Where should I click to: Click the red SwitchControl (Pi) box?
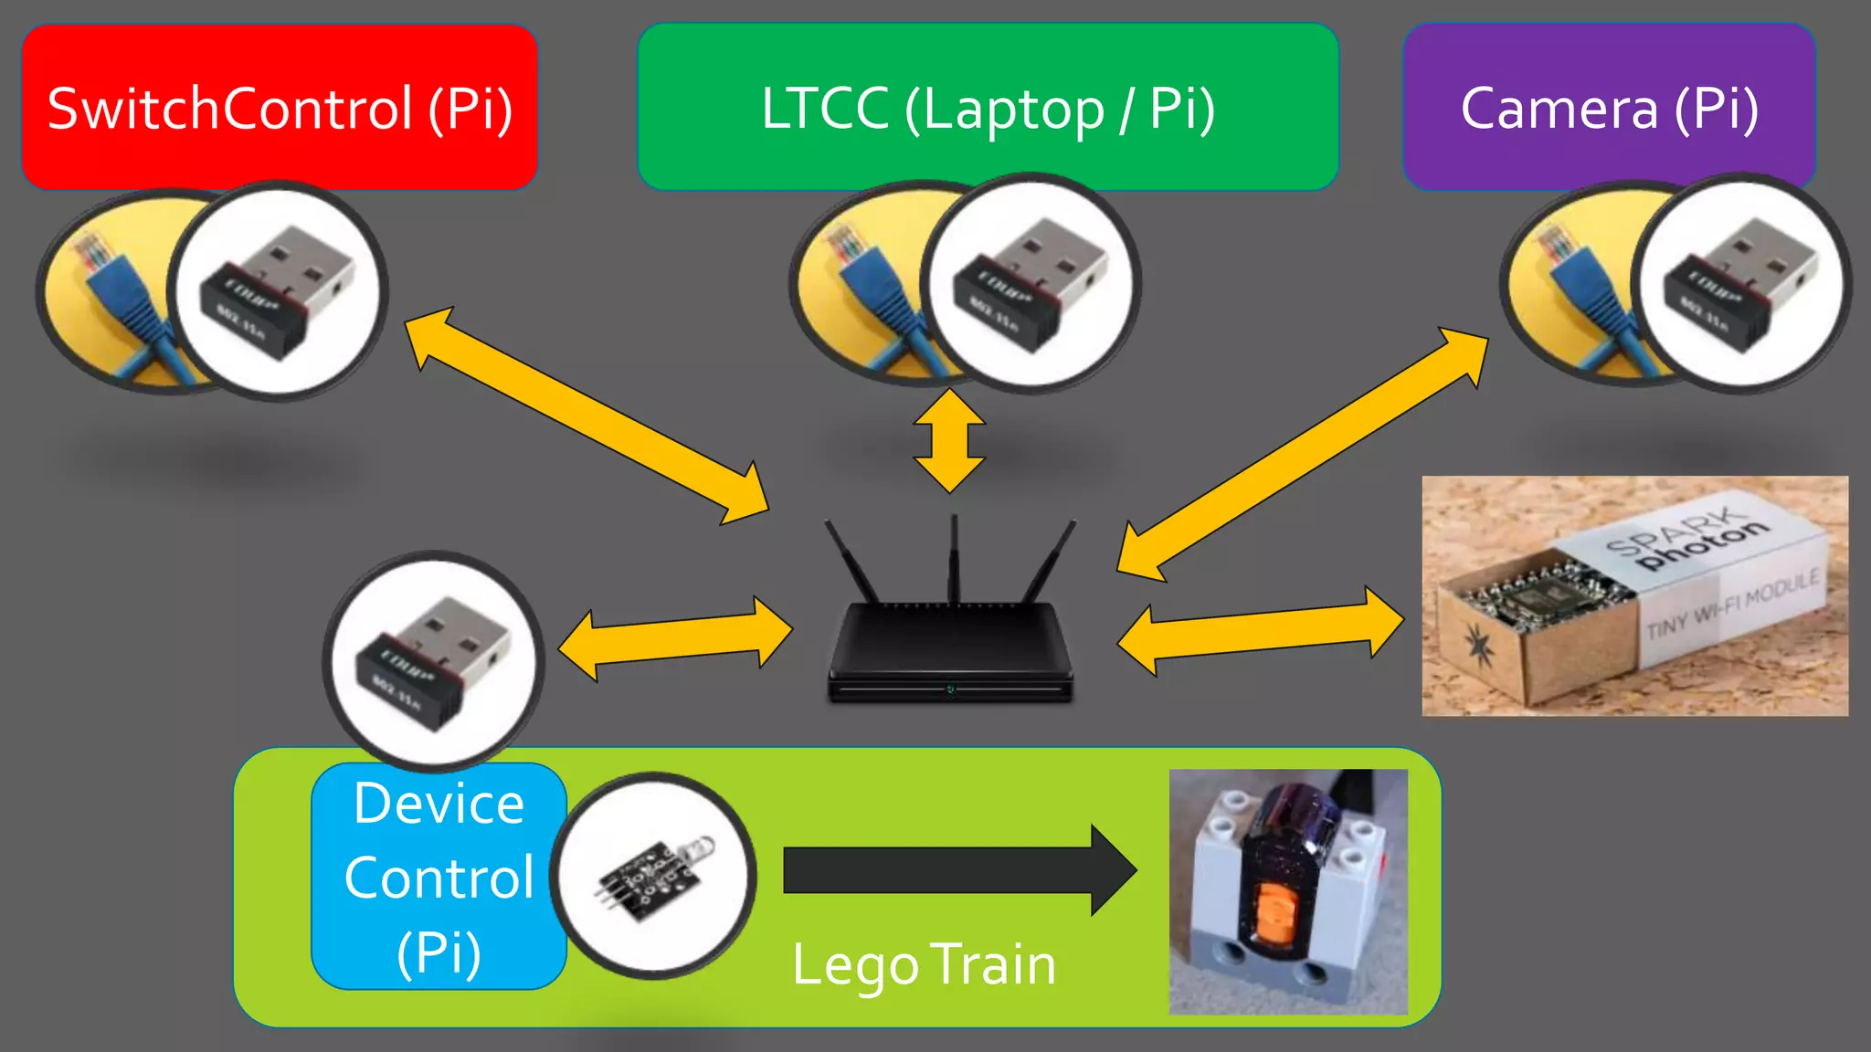point(280,107)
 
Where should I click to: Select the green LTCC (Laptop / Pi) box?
point(988,107)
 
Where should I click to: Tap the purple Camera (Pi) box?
point(1609,107)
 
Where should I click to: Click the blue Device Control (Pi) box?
point(439,877)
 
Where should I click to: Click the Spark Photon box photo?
point(1634,595)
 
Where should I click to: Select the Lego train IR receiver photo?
point(1288,891)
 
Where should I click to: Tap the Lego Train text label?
point(924,964)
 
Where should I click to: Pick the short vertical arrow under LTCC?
point(950,441)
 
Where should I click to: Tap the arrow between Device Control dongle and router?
point(675,638)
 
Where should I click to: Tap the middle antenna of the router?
point(954,557)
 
